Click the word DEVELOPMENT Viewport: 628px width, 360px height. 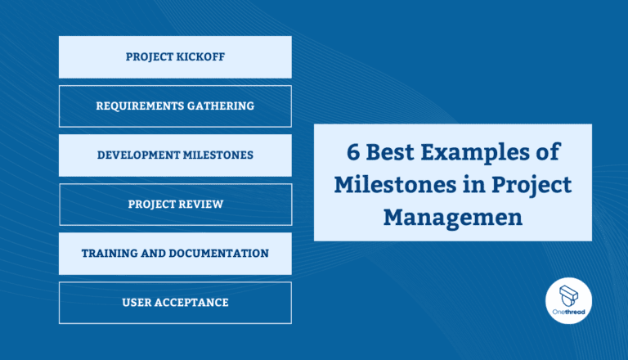coord(138,155)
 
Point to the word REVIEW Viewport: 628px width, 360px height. coord(200,205)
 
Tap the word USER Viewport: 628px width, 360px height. coord(137,303)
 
